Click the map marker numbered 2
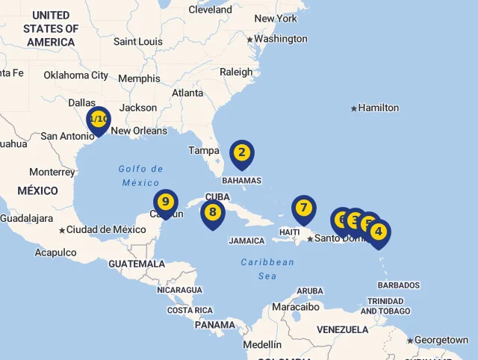tap(241, 154)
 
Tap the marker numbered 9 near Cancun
tap(166, 202)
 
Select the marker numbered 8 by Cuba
tap(213, 213)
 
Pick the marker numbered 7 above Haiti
tap(303, 208)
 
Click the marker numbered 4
tap(379, 232)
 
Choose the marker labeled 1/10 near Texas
tap(98, 120)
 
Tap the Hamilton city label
tap(378, 108)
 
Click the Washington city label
tap(280, 39)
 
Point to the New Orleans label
tap(139, 131)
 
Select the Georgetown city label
tap(441, 340)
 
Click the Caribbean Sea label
tap(267, 269)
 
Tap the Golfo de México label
tap(140, 176)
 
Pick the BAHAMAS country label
tap(241, 180)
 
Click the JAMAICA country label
tap(246, 240)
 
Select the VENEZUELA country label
tap(342, 329)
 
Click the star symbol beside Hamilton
tap(354, 108)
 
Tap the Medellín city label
tap(262, 344)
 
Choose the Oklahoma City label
tap(75, 75)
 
